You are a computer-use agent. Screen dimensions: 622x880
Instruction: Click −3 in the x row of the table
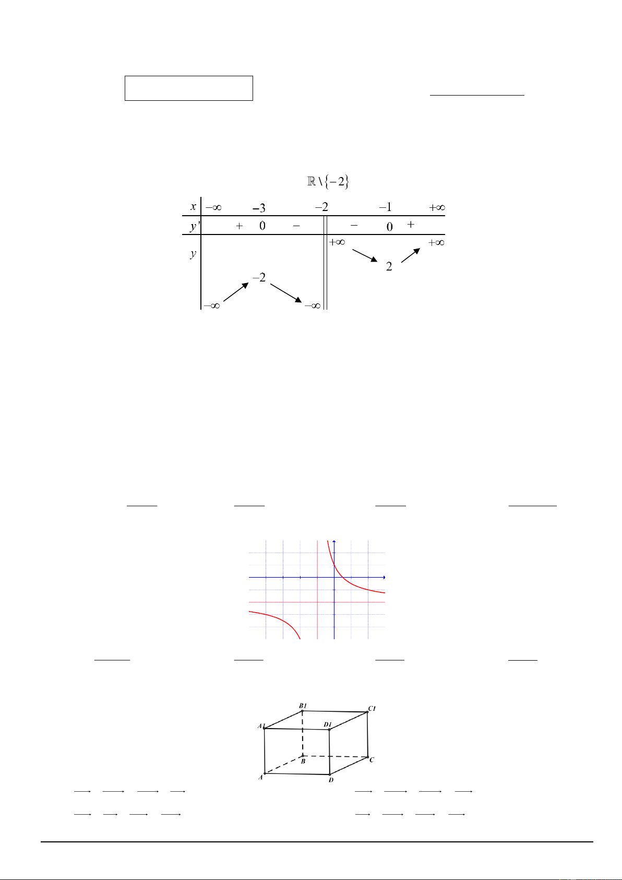[x=259, y=208]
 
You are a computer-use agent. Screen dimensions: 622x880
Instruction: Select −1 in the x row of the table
[x=386, y=207]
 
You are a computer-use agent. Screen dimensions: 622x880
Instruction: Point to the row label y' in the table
[x=194, y=226]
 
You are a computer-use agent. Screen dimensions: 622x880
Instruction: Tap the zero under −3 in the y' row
[x=262, y=226]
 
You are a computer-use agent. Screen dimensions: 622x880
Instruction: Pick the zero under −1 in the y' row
[x=389, y=227]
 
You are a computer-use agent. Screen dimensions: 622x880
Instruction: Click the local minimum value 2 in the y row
[x=389, y=267]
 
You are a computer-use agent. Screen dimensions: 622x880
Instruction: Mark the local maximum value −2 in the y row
[x=259, y=278]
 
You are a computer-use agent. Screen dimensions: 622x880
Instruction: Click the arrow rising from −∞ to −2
[x=236, y=292]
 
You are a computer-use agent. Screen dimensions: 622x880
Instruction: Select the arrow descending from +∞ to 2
[x=365, y=255]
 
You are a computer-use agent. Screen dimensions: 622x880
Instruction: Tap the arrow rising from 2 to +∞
[x=411, y=255]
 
